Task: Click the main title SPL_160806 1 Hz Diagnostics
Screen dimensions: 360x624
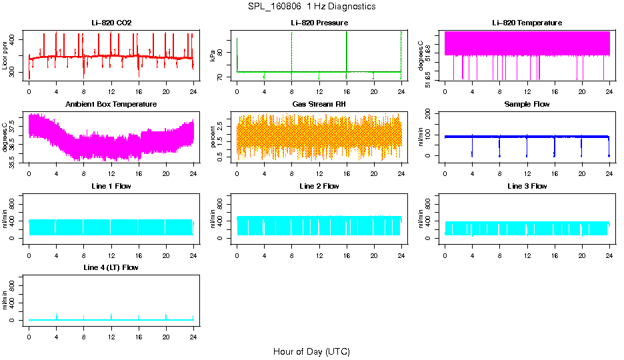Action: [x=311, y=6]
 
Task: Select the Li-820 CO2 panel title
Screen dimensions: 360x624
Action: [x=111, y=23]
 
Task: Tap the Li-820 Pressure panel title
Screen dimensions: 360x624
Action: [x=319, y=23]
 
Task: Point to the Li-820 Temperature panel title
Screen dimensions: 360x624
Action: [x=527, y=23]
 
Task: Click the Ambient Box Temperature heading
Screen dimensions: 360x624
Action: [x=111, y=105]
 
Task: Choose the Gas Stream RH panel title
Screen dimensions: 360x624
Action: [x=319, y=105]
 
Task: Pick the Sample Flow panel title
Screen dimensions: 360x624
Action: [x=527, y=105]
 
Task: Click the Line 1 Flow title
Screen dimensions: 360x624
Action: [x=111, y=186]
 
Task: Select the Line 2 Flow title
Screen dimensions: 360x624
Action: [x=319, y=186]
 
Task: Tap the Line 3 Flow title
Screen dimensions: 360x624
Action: [x=527, y=186]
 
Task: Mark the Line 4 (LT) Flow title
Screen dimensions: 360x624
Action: [x=111, y=267]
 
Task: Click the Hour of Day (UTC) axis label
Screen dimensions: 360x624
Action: [x=311, y=351]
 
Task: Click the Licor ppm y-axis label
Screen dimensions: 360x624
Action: [x=5, y=56]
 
